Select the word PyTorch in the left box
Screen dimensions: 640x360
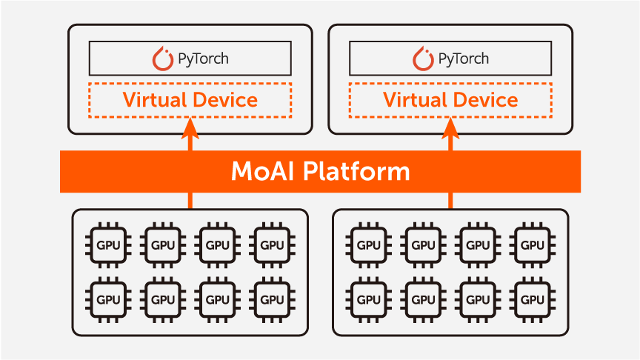click(203, 59)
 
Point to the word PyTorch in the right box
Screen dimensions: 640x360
click(464, 59)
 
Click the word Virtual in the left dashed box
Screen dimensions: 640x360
click(153, 99)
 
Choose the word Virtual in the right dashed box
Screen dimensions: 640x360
click(414, 99)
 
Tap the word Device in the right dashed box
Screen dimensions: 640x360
click(485, 99)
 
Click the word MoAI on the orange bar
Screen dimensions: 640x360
click(263, 171)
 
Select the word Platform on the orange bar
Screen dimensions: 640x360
click(356, 171)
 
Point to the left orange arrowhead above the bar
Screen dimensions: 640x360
click(190, 128)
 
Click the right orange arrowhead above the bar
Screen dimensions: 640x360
click(450, 128)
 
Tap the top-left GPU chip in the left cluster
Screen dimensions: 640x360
click(108, 245)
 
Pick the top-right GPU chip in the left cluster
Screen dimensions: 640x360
click(272, 245)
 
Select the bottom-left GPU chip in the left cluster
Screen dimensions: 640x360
click(108, 299)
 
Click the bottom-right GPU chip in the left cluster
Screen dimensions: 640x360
click(272, 299)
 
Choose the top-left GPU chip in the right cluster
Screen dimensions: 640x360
click(369, 245)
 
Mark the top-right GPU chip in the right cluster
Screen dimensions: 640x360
click(533, 245)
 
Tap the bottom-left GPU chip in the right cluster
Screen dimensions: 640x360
click(369, 299)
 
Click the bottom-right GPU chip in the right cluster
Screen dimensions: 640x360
click(533, 299)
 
